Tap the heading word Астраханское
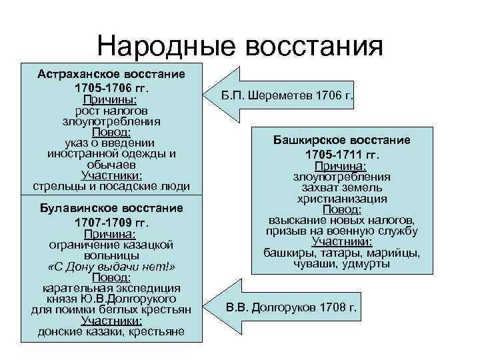[x=78, y=73]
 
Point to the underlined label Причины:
[x=111, y=99]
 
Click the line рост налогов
[x=111, y=110]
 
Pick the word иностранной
[x=78, y=153]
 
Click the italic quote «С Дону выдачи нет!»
[x=111, y=267]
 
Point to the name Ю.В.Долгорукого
[x=130, y=299]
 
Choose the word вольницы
[x=111, y=255]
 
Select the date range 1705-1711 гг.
[x=342, y=155]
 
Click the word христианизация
[x=342, y=199]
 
